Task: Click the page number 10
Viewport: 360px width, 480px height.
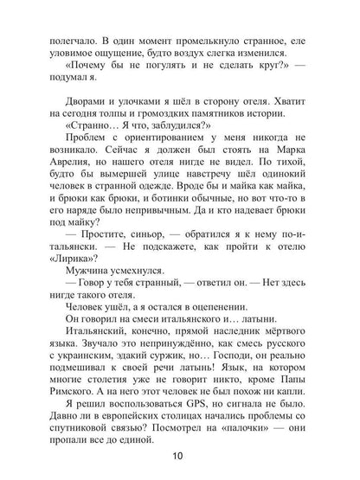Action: tap(179, 458)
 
